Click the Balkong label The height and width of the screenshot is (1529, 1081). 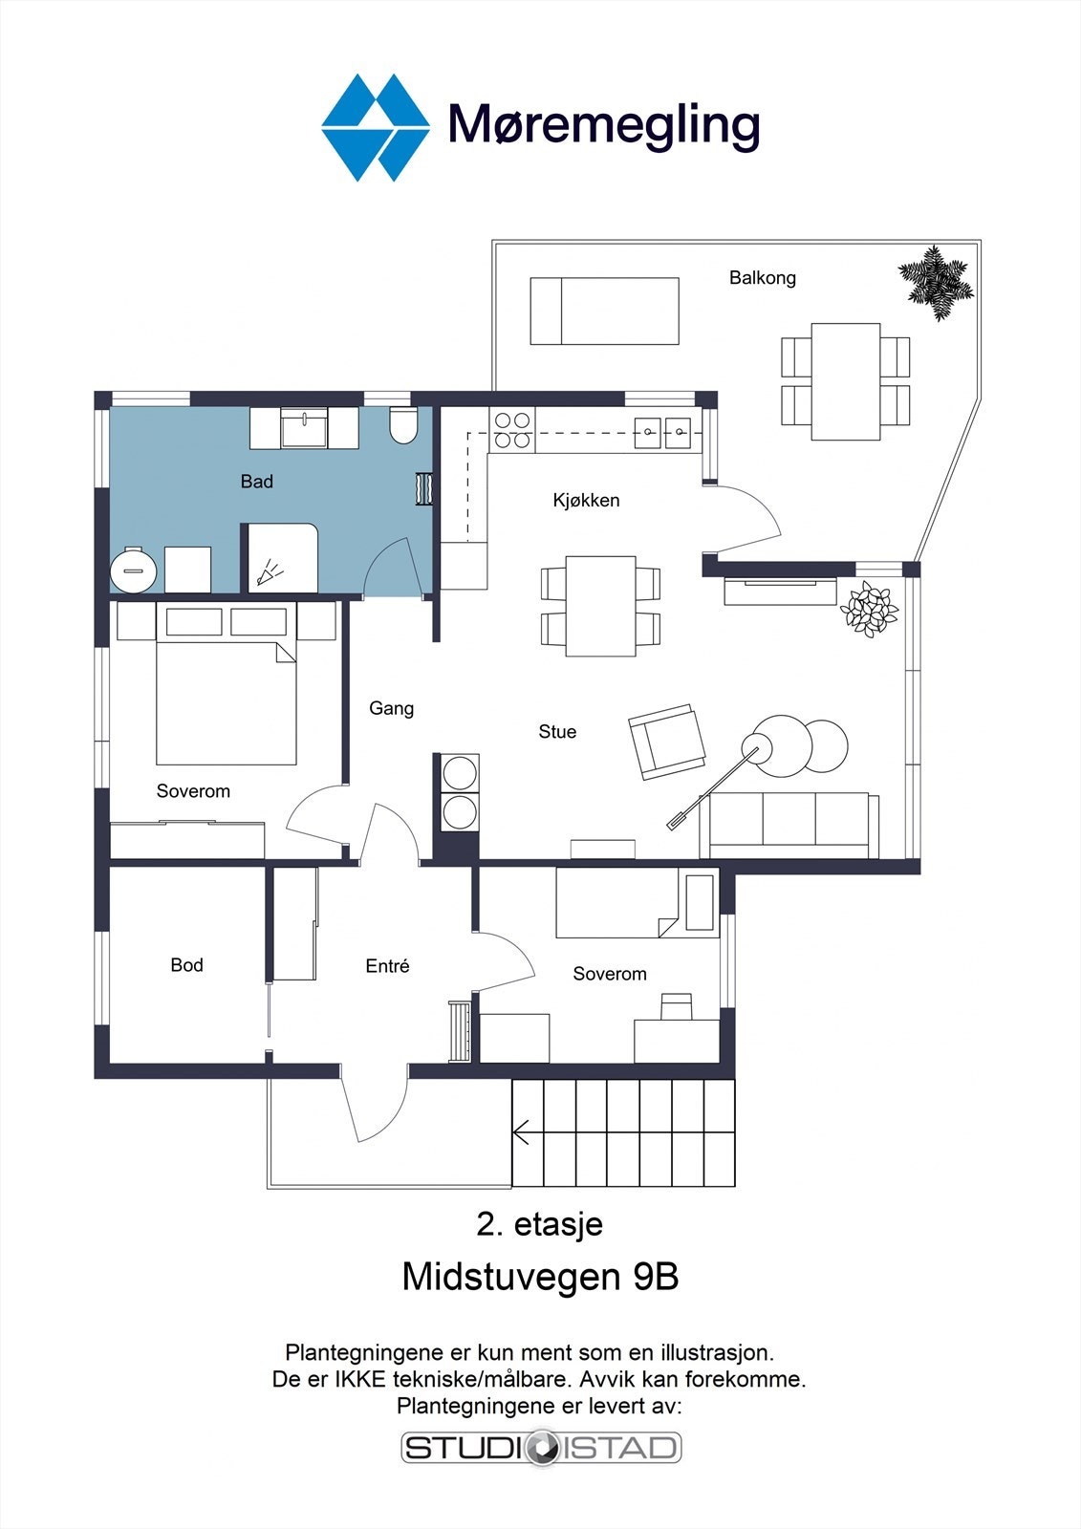point(762,278)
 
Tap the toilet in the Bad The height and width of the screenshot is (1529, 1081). point(402,424)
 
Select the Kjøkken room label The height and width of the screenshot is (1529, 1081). point(586,501)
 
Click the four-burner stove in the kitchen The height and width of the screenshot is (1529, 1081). point(511,429)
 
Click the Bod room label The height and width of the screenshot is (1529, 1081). point(186,964)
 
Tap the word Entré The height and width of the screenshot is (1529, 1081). point(387,965)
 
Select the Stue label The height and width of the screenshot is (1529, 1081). point(557,732)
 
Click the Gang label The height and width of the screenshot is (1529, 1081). point(391,708)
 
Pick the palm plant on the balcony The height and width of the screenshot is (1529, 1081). point(935,283)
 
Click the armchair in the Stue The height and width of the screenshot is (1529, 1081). point(666,742)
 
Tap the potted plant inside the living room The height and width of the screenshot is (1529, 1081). point(869,609)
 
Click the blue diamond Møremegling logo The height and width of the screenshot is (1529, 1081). point(375,128)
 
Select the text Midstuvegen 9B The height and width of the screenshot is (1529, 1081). point(540,1277)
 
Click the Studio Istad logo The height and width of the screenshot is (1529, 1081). point(542,1448)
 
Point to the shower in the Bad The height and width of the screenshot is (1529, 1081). point(283,558)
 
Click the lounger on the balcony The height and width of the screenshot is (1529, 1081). point(604,311)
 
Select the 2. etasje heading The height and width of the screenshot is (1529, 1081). point(539,1224)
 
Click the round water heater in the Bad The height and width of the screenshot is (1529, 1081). point(134,569)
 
